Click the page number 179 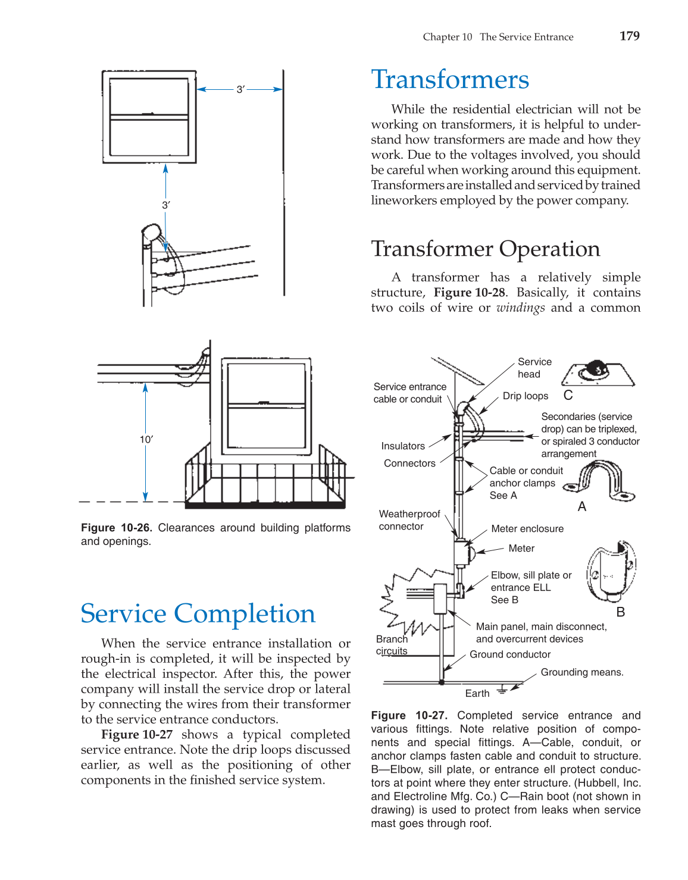pos(629,36)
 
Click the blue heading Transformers pos(450,80)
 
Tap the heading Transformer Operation pos(485,249)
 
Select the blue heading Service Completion pos(198,613)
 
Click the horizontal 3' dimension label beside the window pos(240,89)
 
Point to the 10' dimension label pos(146,439)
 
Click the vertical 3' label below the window pos(166,205)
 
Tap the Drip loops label pos(525,396)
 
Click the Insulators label pos(403,446)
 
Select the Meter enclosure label pos(527,529)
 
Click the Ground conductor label pos(510,654)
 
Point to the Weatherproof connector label pos(409,520)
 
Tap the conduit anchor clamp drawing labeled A pos(599,480)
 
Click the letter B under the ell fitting pos(621,612)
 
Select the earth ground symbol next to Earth pos(502,690)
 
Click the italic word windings pos(520,308)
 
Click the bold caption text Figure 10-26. pos(117,528)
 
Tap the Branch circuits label pos(392,645)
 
